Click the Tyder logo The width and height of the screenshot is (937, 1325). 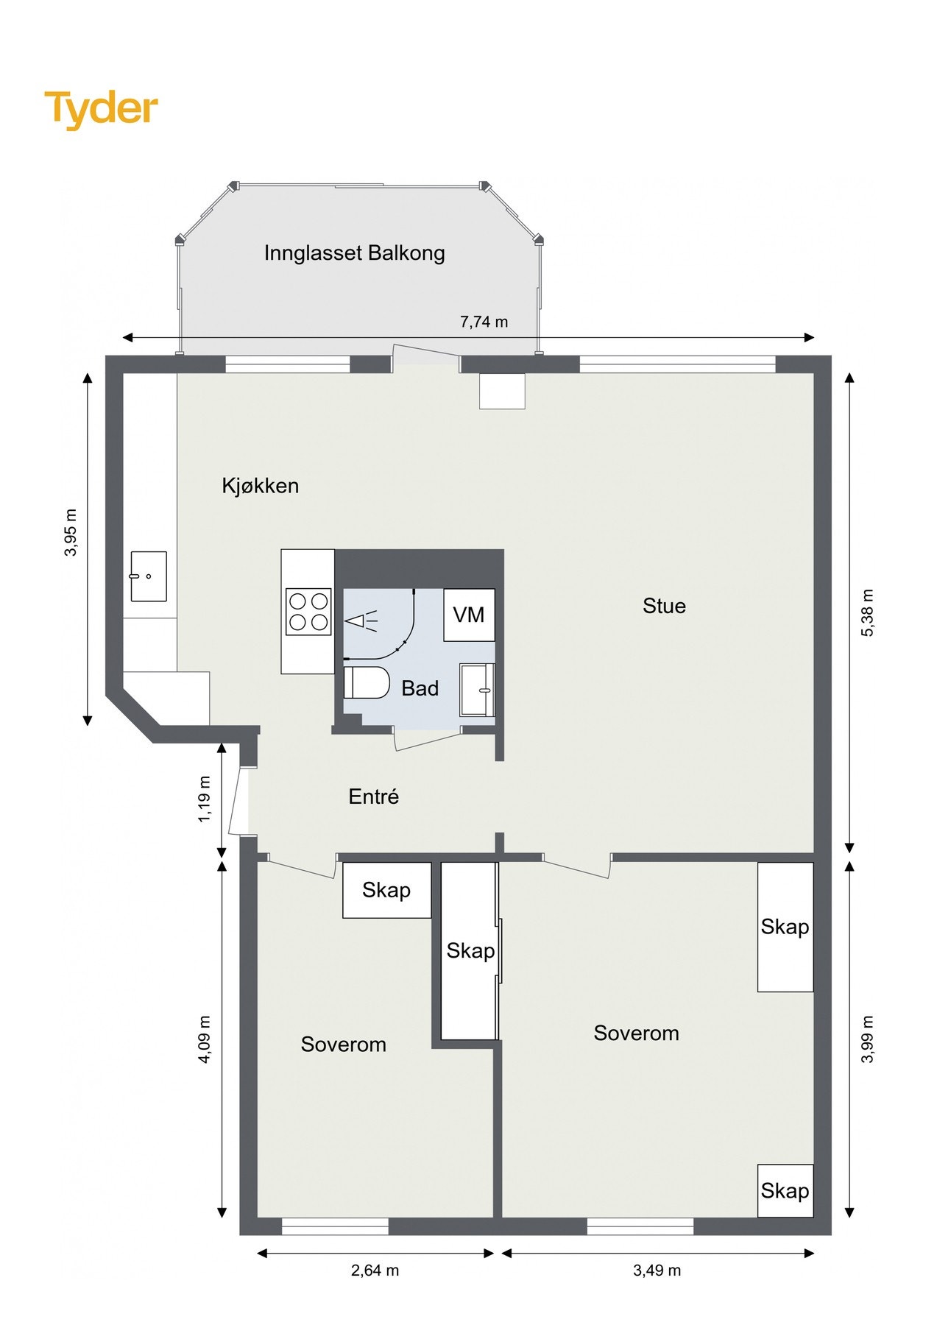[101, 109]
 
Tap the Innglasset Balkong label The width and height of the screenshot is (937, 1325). [354, 253]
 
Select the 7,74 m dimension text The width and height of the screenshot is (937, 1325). [484, 322]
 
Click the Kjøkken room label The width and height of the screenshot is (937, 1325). [260, 486]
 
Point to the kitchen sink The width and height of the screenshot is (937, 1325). [148, 576]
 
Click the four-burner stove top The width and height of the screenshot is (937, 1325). [308, 611]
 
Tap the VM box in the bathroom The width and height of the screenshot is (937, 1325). [469, 615]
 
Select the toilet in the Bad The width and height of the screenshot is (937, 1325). [367, 682]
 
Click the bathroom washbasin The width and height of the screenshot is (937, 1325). [477, 690]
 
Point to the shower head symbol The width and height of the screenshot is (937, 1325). [361, 621]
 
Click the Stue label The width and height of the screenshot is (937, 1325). [664, 606]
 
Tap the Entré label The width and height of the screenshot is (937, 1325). [373, 796]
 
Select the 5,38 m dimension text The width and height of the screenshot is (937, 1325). [868, 612]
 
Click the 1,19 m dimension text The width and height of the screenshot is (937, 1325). [205, 799]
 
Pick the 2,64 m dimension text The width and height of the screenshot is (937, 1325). [375, 1271]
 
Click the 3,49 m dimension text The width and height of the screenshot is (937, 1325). [657, 1271]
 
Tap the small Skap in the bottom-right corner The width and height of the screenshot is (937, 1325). [785, 1190]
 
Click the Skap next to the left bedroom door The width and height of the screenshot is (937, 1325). [386, 890]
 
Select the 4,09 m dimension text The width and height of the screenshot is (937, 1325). [205, 1039]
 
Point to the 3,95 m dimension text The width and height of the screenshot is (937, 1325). [71, 532]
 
